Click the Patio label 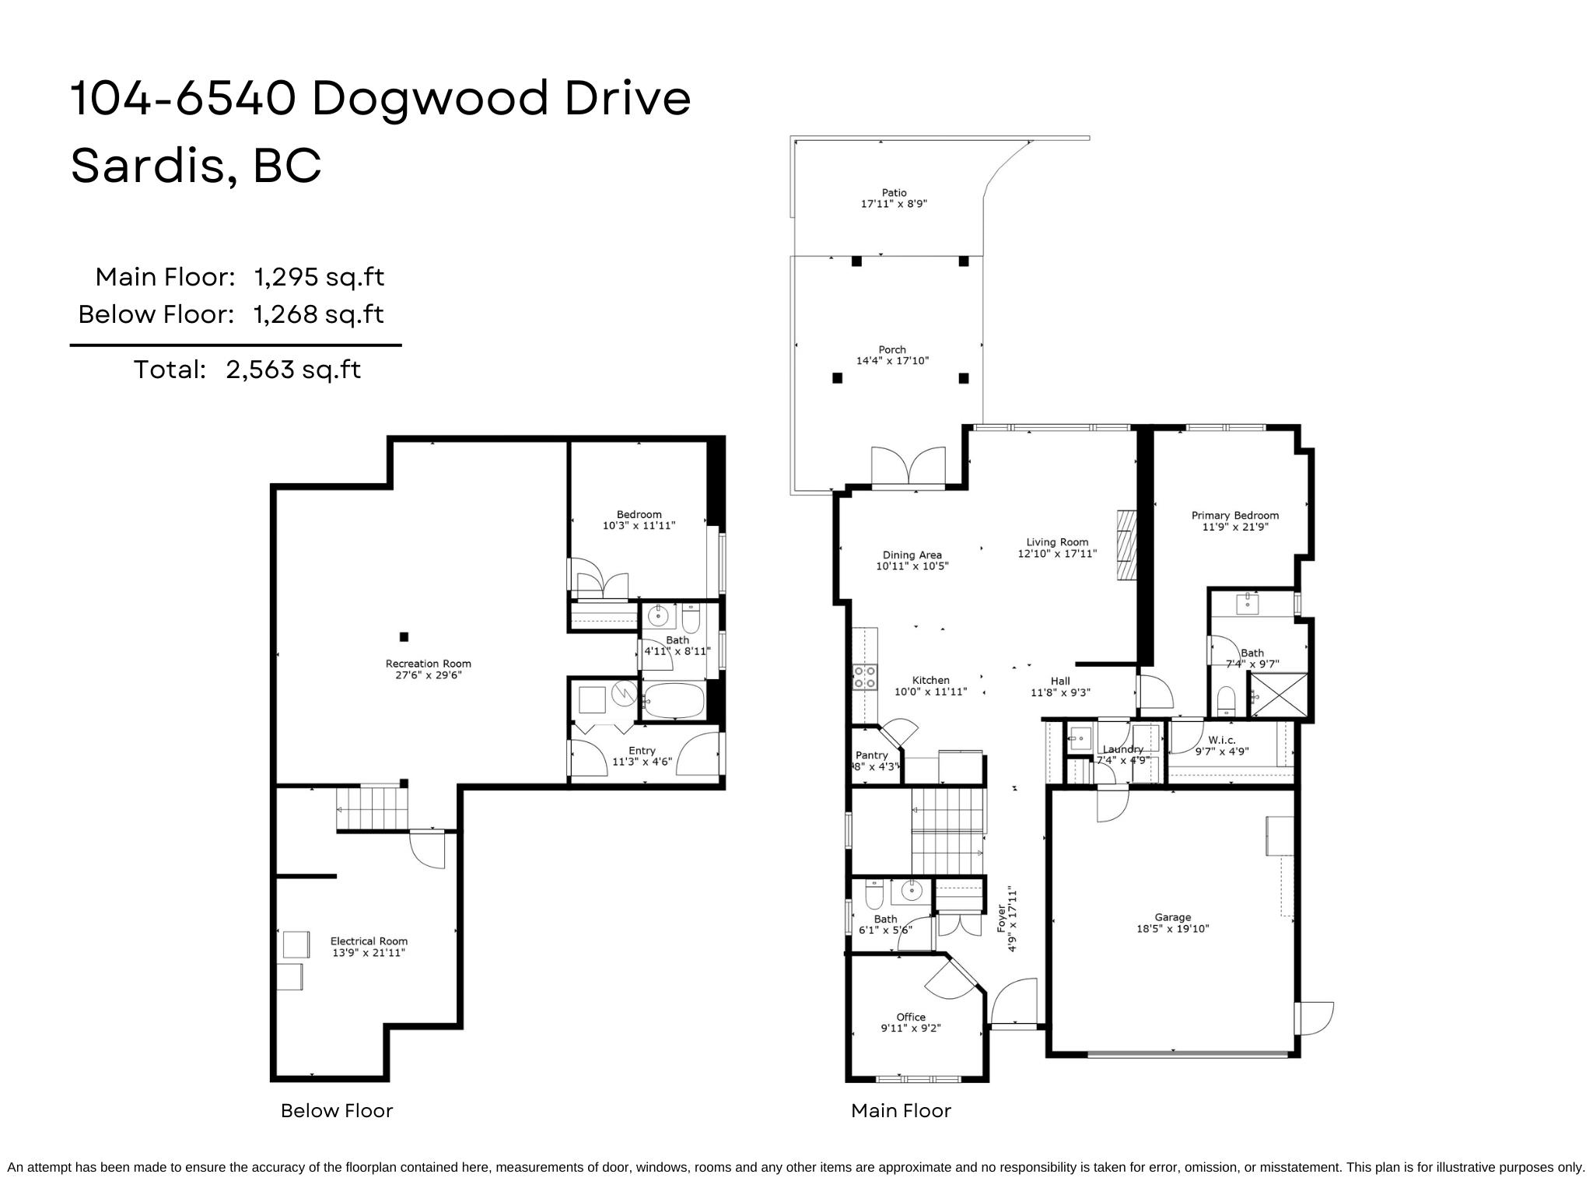[x=894, y=192]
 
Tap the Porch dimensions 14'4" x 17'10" [x=892, y=361]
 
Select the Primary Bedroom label [x=1234, y=515]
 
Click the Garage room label [x=1172, y=917]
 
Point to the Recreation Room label [x=428, y=664]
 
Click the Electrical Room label [x=369, y=941]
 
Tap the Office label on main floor [x=910, y=1017]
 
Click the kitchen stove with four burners [x=864, y=677]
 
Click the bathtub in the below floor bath [x=674, y=701]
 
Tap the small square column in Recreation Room [x=404, y=636]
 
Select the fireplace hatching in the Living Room [x=1126, y=545]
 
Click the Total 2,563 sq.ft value [x=293, y=369]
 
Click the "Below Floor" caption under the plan [x=336, y=1110]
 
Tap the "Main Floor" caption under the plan [x=901, y=1110]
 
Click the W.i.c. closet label [x=1221, y=740]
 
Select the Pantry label [x=871, y=755]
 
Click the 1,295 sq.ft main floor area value [x=319, y=277]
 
